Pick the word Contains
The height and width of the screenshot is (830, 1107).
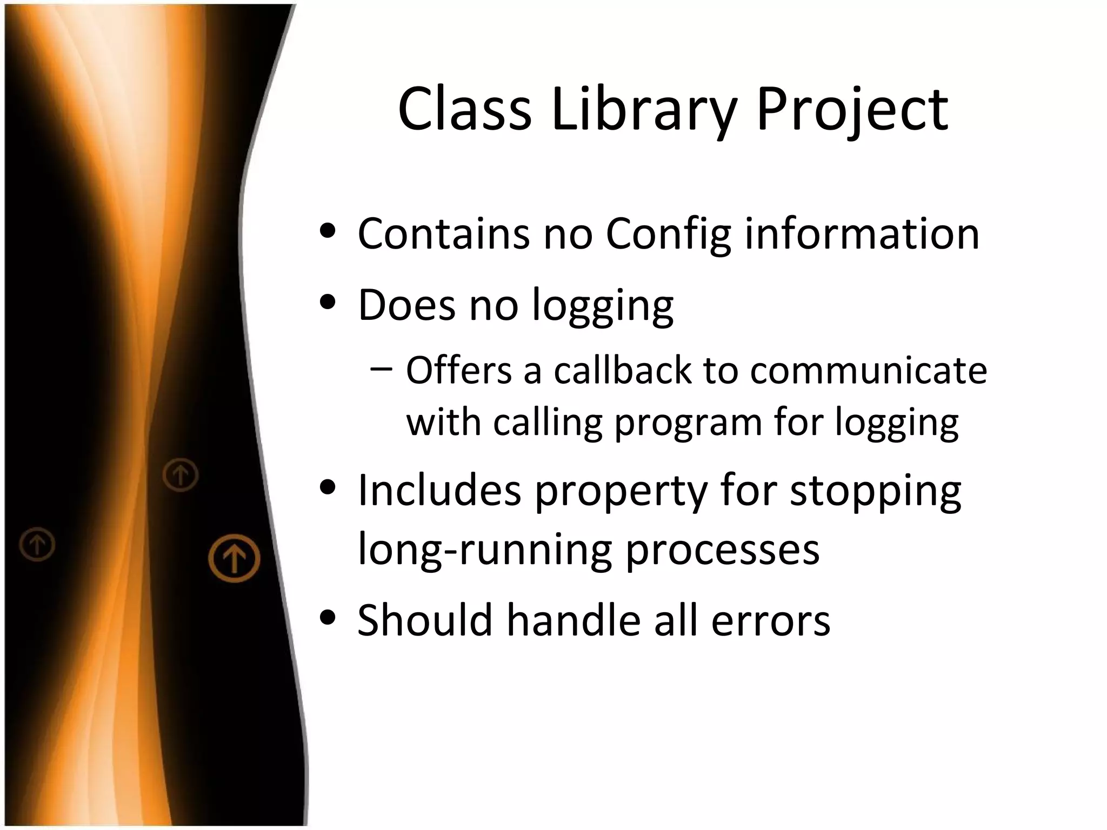444,234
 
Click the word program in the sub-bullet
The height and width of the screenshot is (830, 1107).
688,423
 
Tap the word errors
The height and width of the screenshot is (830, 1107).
770,621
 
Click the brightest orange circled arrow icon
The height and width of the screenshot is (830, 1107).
234,558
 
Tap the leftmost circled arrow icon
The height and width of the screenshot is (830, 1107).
37,544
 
